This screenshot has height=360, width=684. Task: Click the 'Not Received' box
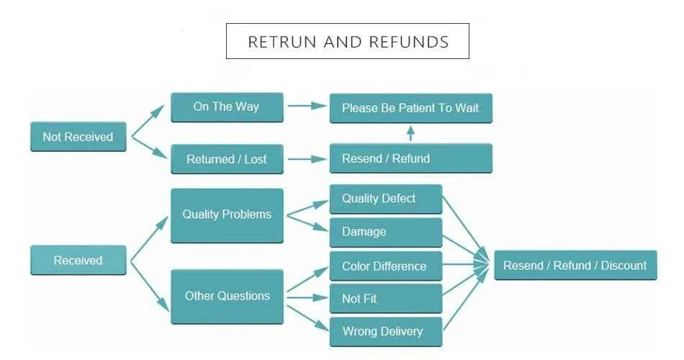pyautogui.click(x=78, y=137)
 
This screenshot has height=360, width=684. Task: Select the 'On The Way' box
pyautogui.click(x=227, y=107)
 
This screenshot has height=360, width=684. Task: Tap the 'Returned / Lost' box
pyautogui.click(x=227, y=159)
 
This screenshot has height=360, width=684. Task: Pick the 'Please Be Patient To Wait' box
pyautogui.click(x=411, y=108)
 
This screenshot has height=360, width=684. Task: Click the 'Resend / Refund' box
pyautogui.click(x=411, y=158)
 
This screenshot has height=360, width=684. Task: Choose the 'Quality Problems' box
pyautogui.click(x=227, y=215)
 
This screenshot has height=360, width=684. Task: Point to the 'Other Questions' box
pyautogui.click(x=227, y=297)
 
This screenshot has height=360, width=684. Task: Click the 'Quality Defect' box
pyautogui.click(x=386, y=199)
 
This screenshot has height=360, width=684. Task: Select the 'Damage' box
pyautogui.click(x=386, y=232)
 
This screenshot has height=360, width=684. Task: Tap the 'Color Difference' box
pyautogui.click(x=386, y=266)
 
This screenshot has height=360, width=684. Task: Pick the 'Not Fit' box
pyautogui.click(x=386, y=299)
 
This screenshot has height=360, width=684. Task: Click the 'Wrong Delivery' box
pyautogui.click(x=386, y=332)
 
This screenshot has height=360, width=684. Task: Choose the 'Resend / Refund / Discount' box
pyautogui.click(x=575, y=265)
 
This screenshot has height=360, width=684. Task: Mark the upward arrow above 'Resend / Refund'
pyautogui.click(x=410, y=133)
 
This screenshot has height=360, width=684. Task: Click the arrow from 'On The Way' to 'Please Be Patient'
pyautogui.click(x=307, y=106)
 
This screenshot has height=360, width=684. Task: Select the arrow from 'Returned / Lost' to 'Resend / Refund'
pyautogui.click(x=307, y=159)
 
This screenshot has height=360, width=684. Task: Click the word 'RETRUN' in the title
pyautogui.click(x=282, y=42)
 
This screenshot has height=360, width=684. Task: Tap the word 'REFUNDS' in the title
pyautogui.click(x=409, y=42)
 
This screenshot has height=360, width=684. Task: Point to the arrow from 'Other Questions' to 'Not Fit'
pyautogui.click(x=307, y=298)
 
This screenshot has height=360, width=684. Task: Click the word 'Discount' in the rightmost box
pyautogui.click(x=624, y=265)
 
